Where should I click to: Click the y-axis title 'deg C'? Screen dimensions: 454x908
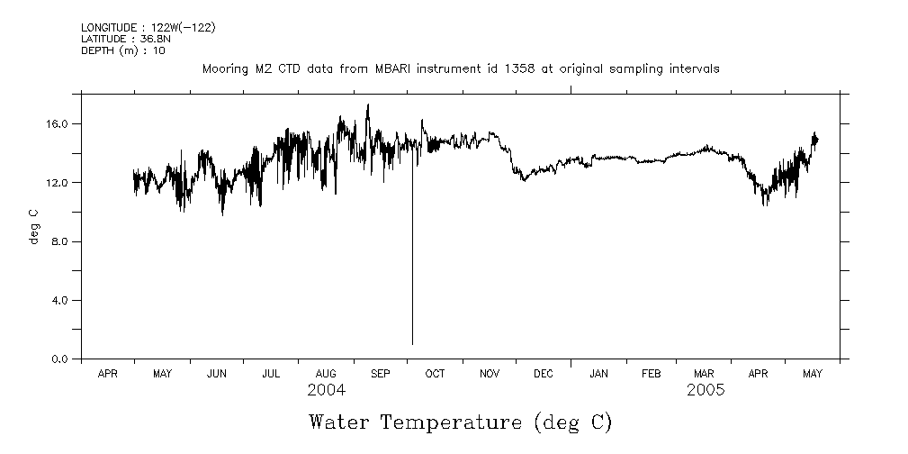tap(34, 226)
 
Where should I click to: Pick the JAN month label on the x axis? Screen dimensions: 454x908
tap(598, 373)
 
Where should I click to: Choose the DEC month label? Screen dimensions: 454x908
tap(544, 373)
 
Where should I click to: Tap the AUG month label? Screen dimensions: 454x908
tap(326, 373)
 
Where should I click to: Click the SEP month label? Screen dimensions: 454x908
tap(380, 373)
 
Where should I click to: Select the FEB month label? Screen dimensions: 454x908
tap(651, 373)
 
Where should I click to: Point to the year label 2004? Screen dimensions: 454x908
tap(326, 391)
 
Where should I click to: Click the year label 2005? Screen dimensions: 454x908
tap(706, 391)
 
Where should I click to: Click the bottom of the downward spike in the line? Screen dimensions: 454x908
tap(412, 343)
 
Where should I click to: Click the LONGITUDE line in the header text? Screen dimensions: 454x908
tap(148, 27)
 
